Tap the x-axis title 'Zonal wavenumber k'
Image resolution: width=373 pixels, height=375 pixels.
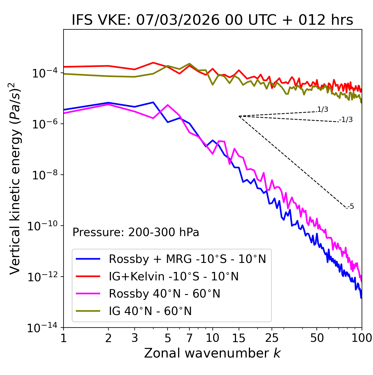[212, 353]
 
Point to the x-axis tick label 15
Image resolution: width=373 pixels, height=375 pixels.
[239, 338]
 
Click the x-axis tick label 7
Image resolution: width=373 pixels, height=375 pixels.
[189, 338]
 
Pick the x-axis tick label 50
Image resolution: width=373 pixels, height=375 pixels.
[317, 338]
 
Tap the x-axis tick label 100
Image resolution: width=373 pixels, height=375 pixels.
[361, 338]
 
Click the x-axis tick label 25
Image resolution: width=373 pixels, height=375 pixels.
[272, 338]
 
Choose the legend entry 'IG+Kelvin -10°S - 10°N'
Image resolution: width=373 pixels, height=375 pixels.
[174, 276]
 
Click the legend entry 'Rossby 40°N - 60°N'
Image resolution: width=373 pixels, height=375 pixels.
[164, 294]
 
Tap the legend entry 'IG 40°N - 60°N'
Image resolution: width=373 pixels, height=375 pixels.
[150, 311]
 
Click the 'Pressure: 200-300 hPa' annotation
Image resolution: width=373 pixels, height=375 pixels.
[136, 232]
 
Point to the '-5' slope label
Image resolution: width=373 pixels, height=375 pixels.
[351, 206]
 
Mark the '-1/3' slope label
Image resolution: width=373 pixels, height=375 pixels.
[346, 120]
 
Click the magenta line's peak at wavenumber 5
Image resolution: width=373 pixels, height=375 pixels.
[168, 105]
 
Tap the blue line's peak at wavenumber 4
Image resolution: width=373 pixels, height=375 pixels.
[153, 102]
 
